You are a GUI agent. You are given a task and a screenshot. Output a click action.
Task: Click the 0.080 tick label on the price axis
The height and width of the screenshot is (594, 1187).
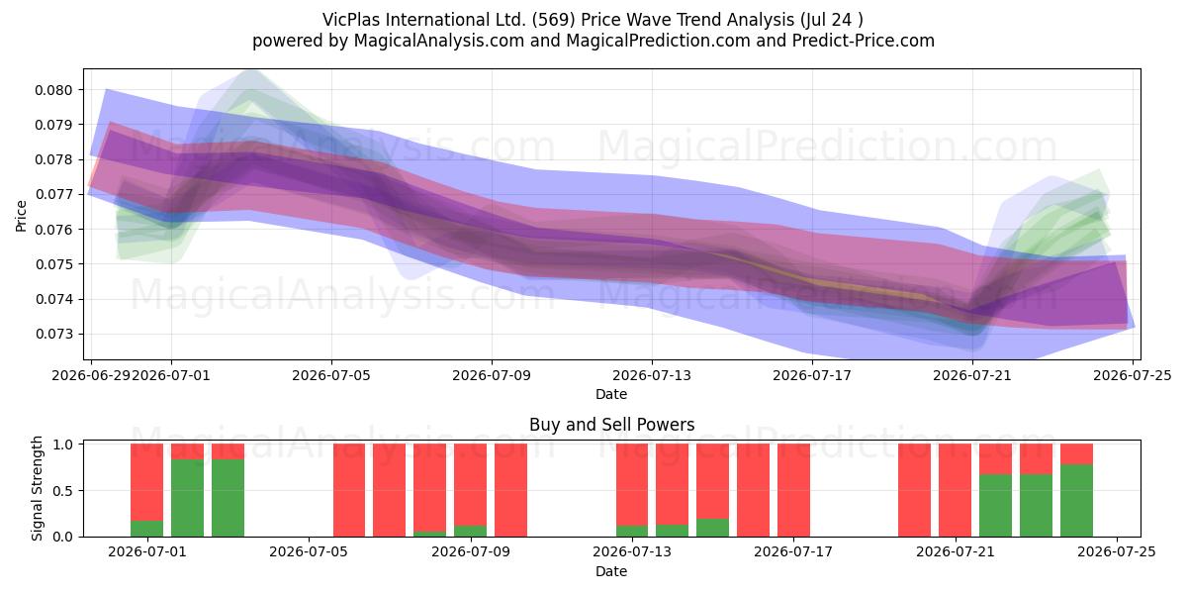coord(53,90)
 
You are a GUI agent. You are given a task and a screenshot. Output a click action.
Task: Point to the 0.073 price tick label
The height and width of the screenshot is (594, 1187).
coord(53,335)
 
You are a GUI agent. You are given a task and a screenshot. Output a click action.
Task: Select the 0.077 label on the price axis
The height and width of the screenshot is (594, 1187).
coord(53,195)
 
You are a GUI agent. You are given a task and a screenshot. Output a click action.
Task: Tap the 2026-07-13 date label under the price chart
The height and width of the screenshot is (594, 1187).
coord(652,375)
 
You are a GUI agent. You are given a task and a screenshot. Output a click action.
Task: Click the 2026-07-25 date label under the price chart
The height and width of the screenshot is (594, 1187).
coord(1133,375)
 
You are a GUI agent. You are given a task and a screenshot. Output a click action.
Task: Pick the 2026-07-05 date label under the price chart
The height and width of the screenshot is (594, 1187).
coord(331,375)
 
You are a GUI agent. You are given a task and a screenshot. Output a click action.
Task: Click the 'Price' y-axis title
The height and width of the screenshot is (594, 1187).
coord(21,216)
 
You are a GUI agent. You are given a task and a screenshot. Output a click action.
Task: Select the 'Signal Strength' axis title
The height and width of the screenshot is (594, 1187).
coord(37,488)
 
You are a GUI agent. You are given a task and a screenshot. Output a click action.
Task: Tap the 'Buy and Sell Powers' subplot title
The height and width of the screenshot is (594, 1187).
coord(611,425)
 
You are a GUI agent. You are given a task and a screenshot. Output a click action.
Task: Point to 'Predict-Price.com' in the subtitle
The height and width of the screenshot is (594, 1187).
coord(864,41)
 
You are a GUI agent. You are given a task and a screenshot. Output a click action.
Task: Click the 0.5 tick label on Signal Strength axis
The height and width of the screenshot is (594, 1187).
coord(63,491)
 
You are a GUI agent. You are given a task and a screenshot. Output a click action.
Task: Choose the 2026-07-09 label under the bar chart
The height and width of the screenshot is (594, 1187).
coord(471,552)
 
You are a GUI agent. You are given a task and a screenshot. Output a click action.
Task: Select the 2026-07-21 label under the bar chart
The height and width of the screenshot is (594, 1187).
coord(956,552)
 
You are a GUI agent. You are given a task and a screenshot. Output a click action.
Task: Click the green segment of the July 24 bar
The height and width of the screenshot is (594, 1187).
coord(1076,501)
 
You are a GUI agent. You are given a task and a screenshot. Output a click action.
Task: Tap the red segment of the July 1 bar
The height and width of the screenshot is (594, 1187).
coord(146,482)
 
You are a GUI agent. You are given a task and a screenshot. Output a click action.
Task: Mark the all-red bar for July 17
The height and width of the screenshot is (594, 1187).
coord(793,490)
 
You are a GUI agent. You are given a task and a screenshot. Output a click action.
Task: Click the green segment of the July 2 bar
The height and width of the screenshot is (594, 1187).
coord(187,498)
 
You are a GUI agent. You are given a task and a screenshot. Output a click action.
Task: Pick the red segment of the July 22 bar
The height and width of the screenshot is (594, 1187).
coord(995,459)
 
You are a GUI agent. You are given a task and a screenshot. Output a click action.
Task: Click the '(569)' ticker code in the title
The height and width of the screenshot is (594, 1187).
coord(554,20)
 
